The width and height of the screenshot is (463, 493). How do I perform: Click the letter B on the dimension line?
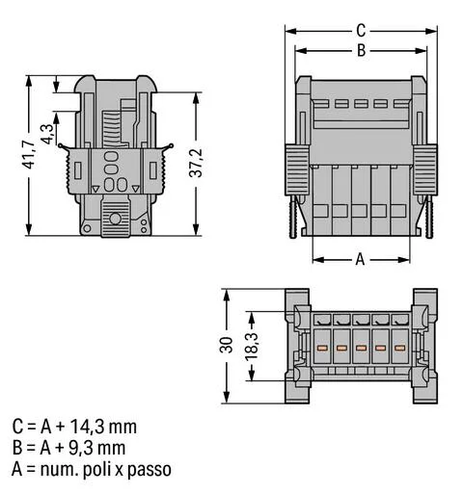tap(360, 50)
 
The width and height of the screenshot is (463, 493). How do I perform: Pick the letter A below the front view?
tap(360, 258)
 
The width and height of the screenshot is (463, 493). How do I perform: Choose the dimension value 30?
tap(226, 346)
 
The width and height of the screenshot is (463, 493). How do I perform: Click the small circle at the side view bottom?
tap(115, 220)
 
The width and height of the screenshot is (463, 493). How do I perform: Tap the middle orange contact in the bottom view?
tap(360, 344)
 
